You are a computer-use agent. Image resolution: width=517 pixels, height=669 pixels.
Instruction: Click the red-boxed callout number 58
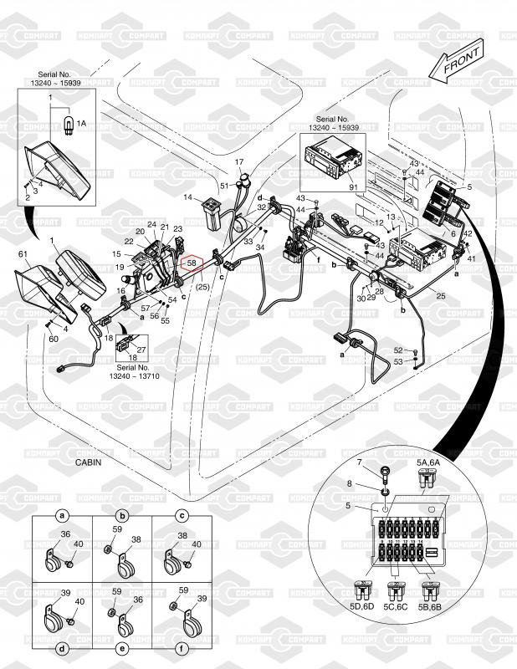pos(192,263)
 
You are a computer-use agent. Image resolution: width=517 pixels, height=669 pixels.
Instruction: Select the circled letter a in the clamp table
pos(62,515)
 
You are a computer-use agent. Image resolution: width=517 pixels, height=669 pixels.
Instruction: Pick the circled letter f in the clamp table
pos(182,649)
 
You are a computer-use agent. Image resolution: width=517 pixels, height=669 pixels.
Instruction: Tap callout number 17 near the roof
pos(238,161)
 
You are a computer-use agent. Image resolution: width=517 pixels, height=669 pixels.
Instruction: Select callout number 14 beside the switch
pos(188,197)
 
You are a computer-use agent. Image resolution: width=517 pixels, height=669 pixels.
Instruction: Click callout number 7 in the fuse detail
pos(360,462)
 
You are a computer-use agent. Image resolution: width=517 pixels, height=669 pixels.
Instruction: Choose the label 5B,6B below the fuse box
pos(431,608)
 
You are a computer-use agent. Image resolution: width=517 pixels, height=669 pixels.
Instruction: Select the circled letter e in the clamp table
pos(122,649)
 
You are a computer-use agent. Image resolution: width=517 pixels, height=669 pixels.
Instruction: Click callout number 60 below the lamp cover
pos(53,340)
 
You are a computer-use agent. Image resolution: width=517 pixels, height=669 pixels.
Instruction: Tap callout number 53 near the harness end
pos(398,361)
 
